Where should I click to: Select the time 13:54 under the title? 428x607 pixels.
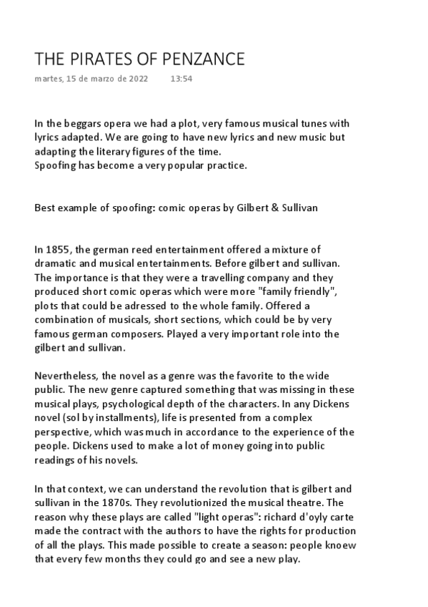point(181,79)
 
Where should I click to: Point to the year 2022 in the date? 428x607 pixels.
point(138,79)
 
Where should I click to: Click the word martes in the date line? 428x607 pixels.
point(48,79)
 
